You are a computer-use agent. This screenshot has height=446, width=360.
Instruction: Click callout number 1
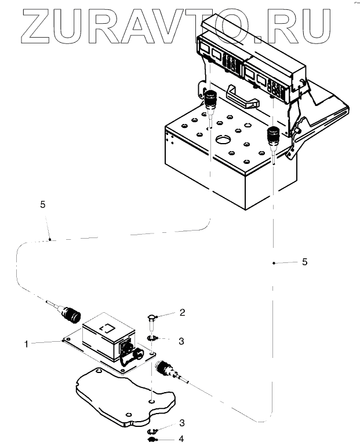pyautogui.click(x=27, y=343)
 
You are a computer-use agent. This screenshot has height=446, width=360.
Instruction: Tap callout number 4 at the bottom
pyautogui.click(x=181, y=439)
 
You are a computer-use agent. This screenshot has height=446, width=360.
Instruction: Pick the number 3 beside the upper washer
pyautogui.click(x=181, y=342)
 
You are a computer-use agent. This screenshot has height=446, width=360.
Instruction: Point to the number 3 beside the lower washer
pyautogui.click(x=181, y=423)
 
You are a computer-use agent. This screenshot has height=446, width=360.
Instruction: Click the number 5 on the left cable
pyautogui.click(x=43, y=204)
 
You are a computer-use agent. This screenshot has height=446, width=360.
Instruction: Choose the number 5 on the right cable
pyautogui.click(x=304, y=262)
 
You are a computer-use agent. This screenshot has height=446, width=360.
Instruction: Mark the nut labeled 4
pyautogui.click(x=152, y=440)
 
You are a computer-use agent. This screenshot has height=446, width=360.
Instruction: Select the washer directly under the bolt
pyautogui.click(x=152, y=338)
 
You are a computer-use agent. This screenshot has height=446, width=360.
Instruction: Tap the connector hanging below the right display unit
pyautogui.click(x=272, y=137)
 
